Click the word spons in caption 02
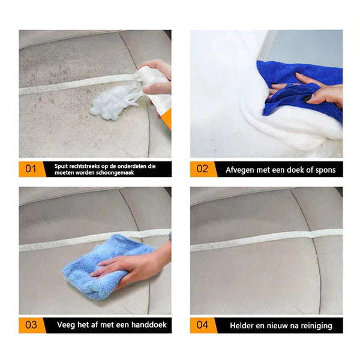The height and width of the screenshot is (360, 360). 324,170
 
